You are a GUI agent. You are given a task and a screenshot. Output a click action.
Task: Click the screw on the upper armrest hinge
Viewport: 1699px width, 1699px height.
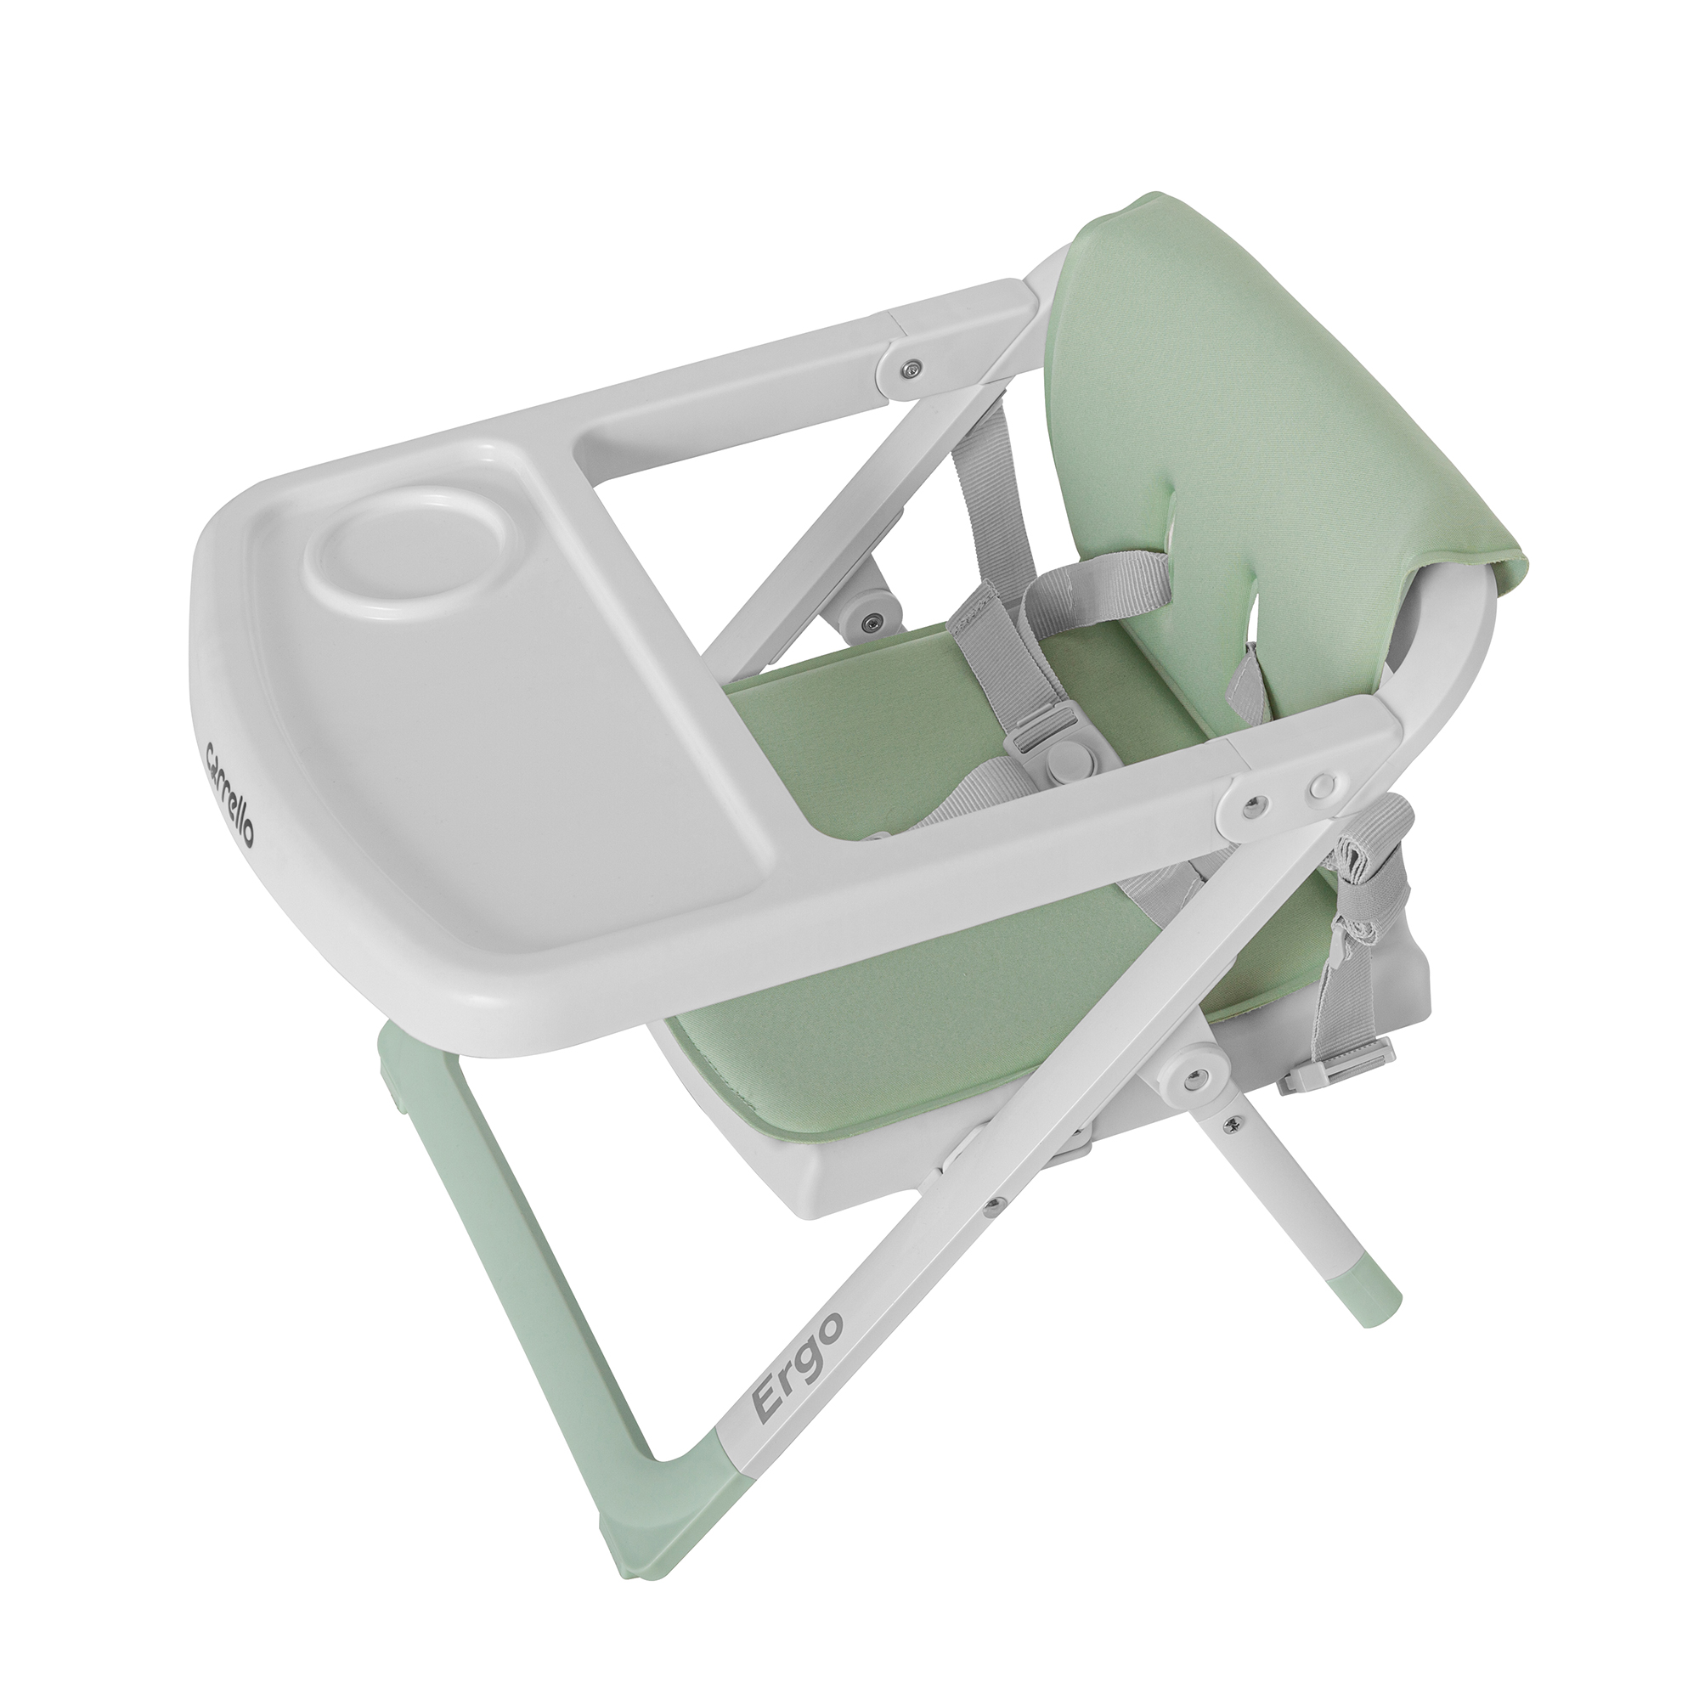pyautogui.click(x=915, y=365)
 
